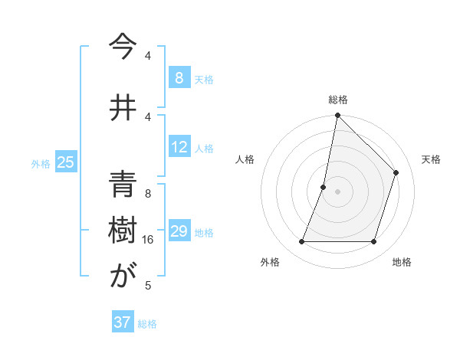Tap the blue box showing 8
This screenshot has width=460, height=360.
coord(179,77)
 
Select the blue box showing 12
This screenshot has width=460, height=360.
coord(179,147)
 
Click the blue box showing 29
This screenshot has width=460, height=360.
coord(179,231)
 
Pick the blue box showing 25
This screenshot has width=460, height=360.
coord(65,162)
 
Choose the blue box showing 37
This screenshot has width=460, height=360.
coord(123,322)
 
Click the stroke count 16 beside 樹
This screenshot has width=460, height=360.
coord(148,240)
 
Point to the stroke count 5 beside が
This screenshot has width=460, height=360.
coord(148,286)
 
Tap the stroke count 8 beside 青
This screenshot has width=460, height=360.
coord(148,193)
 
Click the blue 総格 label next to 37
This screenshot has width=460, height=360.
coord(147,324)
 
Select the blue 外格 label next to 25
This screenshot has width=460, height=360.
coord(41,163)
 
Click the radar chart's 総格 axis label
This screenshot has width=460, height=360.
coord(338,100)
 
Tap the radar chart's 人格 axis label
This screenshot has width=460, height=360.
coord(245,159)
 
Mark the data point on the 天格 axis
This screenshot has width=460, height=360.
coord(396,172)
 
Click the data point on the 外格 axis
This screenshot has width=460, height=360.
coord(301,242)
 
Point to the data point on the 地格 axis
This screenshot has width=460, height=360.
coord(374,242)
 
